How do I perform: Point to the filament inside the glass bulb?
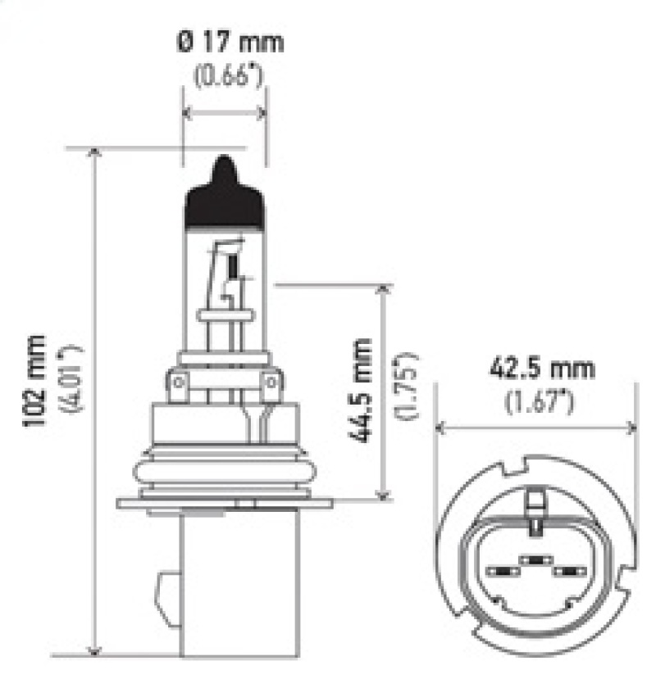coord(233,266)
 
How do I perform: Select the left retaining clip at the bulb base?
coord(178,382)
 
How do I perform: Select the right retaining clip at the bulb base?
coord(271,382)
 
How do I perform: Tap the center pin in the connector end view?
coord(535,561)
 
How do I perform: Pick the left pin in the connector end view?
coord(499,571)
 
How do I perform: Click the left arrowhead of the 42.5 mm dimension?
coord(441,427)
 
